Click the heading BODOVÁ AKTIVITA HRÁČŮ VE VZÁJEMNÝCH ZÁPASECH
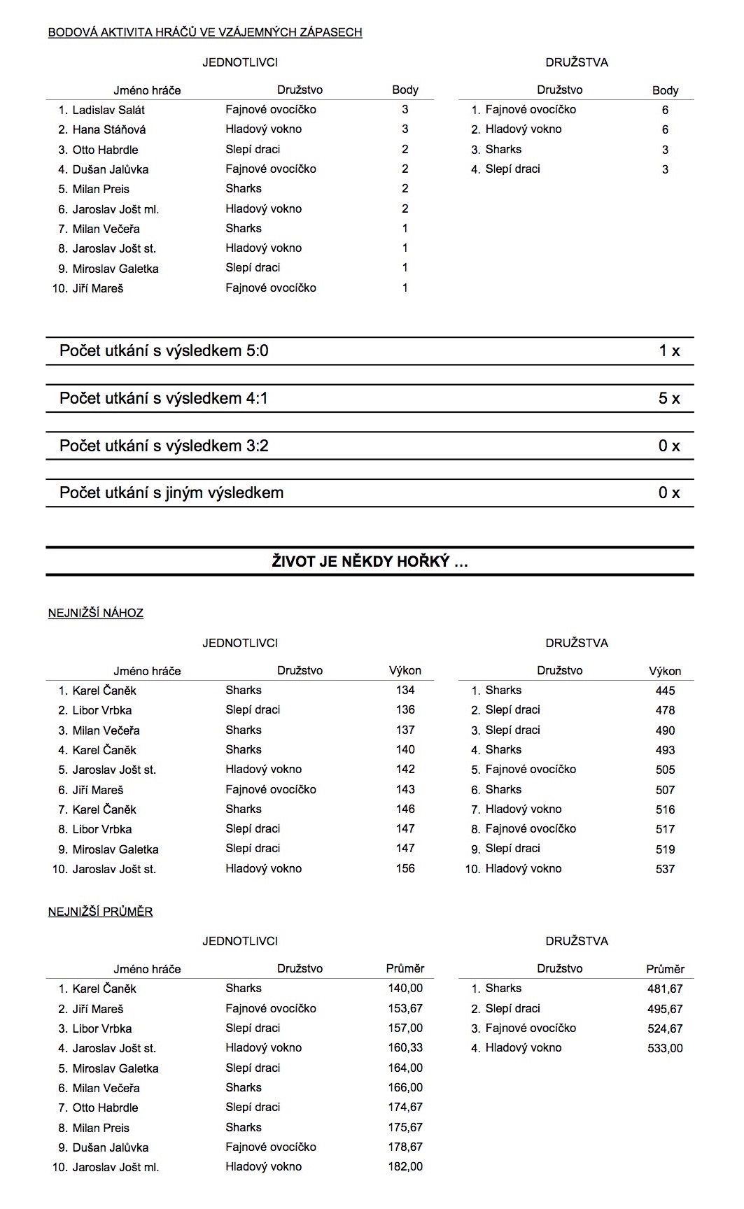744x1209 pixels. coord(204,32)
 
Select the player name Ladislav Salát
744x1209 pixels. coord(108,110)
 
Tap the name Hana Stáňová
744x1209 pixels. coord(109,129)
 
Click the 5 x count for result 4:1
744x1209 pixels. coord(669,399)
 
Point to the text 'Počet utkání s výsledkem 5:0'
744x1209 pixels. coord(164,351)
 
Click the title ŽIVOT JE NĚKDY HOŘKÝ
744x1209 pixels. coord(370,562)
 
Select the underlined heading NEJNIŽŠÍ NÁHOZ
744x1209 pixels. coord(96,614)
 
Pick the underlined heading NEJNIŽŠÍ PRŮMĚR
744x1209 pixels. coord(100,912)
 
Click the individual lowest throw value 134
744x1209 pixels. coord(405,691)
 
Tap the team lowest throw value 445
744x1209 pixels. coord(665,691)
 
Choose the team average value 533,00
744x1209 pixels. coord(665,1048)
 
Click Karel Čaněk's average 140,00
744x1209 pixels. coord(405,989)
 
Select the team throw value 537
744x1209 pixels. coord(665,869)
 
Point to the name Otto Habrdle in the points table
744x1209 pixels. coord(105,150)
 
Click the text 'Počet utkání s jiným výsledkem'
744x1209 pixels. coord(171,493)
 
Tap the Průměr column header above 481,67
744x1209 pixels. coord(665,969)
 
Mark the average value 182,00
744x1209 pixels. coord(405,1167)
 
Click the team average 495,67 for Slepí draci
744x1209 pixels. coord(665,1009)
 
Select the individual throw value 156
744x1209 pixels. coord(405,869)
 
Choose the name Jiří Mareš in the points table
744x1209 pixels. coord(98,288)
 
